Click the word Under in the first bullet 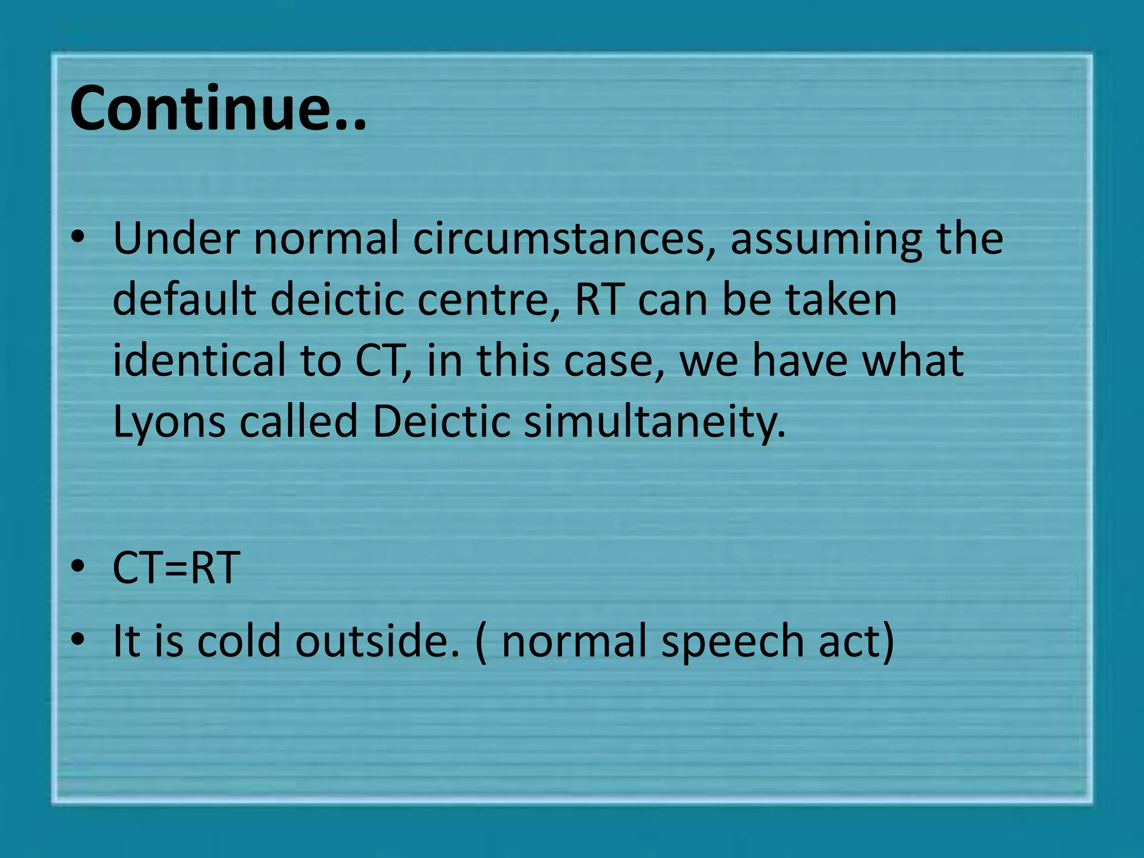click(x=177, y=239)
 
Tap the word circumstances click(x=564, y=239)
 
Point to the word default click(x=184, y=299)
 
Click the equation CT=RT click(x=177, y=568)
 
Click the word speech click(x=732, y=641)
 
